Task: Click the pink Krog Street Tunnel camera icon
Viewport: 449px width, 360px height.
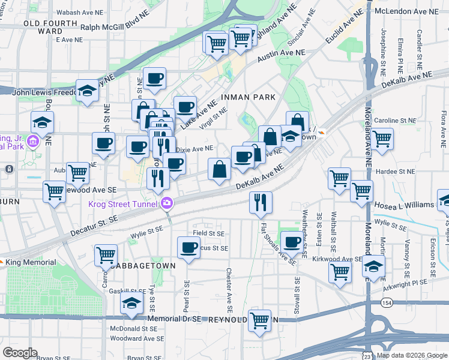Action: click(166, 203)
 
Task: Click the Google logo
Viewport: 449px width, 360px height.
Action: click(20, 353)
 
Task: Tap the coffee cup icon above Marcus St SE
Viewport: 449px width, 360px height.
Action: click(189, 247)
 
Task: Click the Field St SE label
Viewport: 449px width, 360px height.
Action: click(208, 233)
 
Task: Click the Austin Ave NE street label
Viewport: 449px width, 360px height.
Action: click(282, 56)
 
